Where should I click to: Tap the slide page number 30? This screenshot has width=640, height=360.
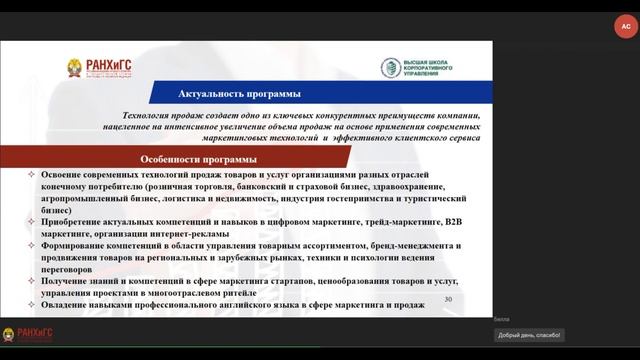pyautogui.click(x=448, y=299)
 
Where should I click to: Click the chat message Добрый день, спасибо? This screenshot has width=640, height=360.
pyautogui.click(x=529, y=335)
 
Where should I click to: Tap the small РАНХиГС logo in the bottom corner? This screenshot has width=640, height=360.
pyautogui.click(x=26, y=335)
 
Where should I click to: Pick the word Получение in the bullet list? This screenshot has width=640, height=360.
pyautogui.click(x=65, y=282)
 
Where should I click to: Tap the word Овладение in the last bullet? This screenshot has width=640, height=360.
pyautogui.click(x=66, y=305)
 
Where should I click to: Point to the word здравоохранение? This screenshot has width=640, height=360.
pyautogui.click(x=433, y=188)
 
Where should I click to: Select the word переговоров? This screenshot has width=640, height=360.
pyautogui.click(x=69, y=270)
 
